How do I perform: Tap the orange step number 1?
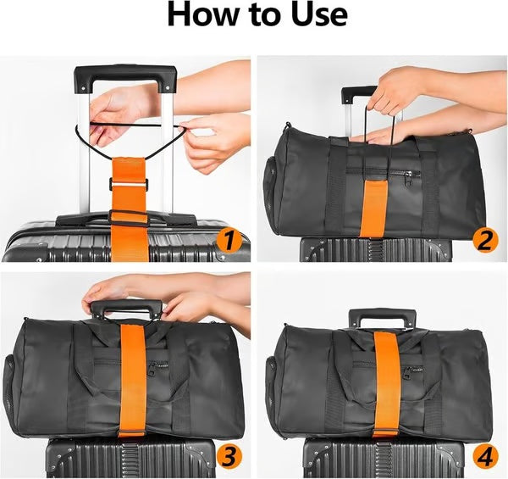pos(226,242)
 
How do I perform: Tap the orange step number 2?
pos(484,242)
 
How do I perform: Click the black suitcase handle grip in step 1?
pos(125,76)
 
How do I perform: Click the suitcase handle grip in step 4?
pos(380,316)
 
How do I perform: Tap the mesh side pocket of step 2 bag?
pos(272,174)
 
